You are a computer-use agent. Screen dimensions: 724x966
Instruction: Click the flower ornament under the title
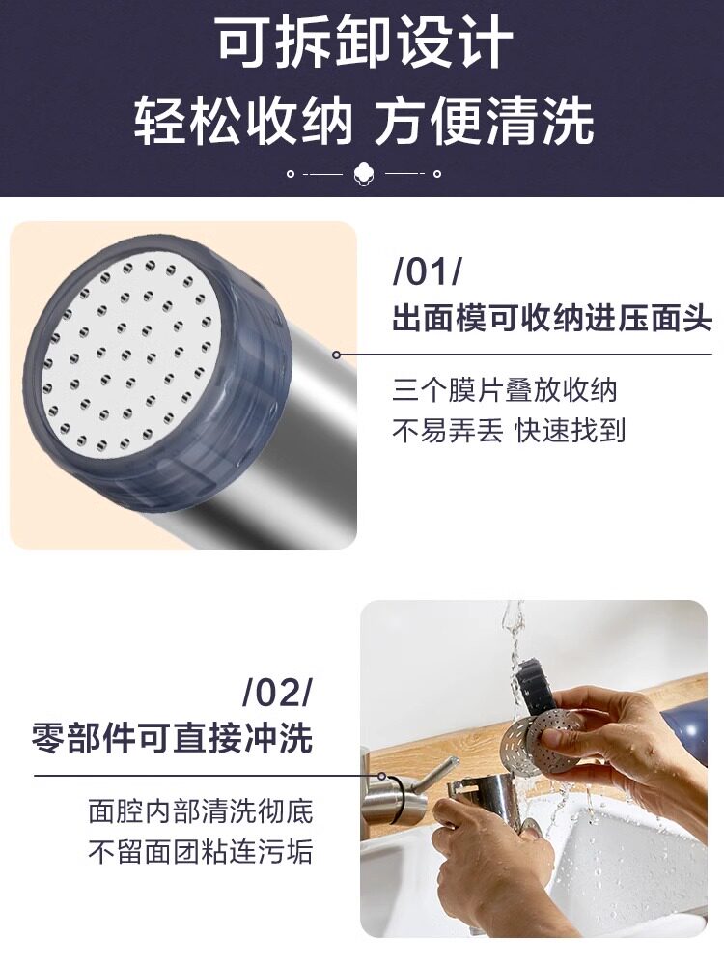point(364,174)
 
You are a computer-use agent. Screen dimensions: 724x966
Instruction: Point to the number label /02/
point(279,695)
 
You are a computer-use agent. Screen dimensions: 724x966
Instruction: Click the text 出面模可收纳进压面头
point(552,319)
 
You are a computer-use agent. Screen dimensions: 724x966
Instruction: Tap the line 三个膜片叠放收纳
point(505,390)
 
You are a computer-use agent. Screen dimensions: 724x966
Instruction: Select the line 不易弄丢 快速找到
point(509,431)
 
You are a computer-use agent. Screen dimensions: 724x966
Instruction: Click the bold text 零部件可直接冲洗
point(173,737)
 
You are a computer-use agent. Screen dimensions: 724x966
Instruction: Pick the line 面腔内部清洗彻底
point(201,811)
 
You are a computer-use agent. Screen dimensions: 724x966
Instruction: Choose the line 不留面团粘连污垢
point(201,851)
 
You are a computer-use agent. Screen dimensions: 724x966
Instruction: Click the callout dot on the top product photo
point(336,355)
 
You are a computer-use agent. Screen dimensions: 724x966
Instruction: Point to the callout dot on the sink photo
point(381,776)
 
